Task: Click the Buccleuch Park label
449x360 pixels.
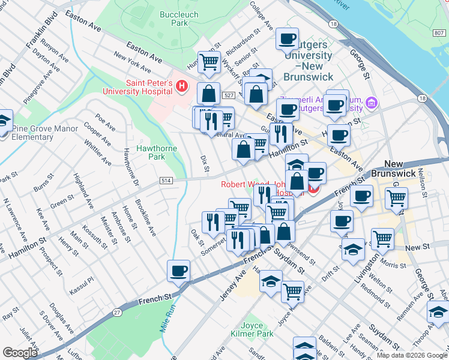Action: [x=175, y=18]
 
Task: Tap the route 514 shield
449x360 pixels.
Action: [x=166, y=181]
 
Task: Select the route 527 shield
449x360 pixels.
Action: [x=228, y=96]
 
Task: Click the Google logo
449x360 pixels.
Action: [x=20, y=353]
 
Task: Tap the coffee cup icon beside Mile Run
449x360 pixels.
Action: [x=179, y=271]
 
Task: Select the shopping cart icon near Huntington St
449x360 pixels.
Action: [x=209, y=61]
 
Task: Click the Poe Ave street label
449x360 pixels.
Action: [x=106, y=124]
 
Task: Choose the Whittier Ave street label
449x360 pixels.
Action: [x=98, y=153]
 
